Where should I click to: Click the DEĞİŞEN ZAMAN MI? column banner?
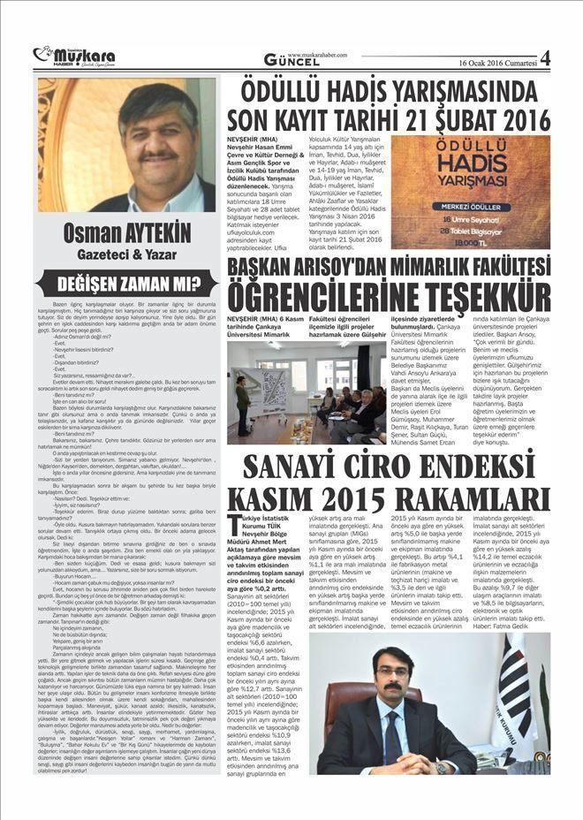pyautogui.click(x=125, y=285)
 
